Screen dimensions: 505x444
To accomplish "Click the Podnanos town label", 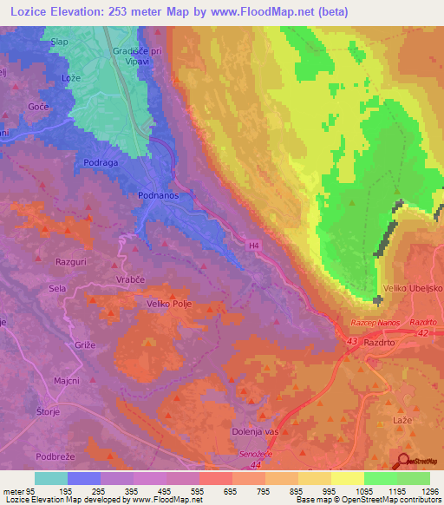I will pos(158,196).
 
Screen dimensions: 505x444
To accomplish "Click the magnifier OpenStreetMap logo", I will pos(404,461).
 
